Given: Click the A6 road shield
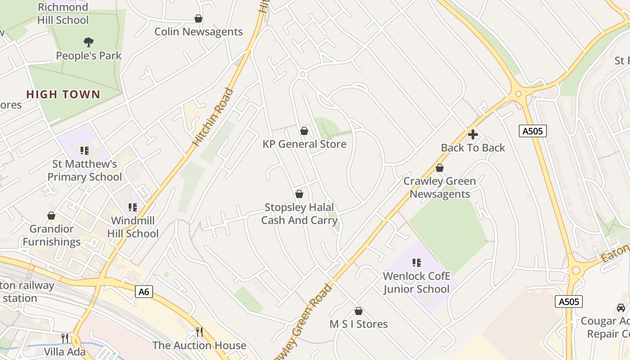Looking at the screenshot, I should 144,292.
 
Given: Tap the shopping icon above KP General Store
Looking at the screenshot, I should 304,131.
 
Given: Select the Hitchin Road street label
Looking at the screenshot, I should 213,117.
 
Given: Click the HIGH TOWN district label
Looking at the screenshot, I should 63,94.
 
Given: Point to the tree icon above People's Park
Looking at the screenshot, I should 89,42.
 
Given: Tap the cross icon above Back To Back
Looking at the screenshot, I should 472,134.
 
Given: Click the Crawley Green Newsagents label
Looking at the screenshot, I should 439,188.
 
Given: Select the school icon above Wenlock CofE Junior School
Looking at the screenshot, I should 416,262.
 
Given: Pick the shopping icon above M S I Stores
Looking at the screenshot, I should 359,311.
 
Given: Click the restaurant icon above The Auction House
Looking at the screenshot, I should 199,332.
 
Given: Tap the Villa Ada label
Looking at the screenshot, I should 65,351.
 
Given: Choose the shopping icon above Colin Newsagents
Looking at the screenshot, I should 198,18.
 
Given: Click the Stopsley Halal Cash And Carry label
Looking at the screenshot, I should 299,214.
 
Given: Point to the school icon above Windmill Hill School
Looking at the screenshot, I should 132,207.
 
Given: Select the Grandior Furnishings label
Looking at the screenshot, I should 51,235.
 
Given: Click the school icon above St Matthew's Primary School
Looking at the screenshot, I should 84,150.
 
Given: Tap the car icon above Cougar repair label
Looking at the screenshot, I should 621,308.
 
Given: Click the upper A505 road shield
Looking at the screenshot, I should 533,131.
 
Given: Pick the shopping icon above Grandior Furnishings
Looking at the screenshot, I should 51,216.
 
